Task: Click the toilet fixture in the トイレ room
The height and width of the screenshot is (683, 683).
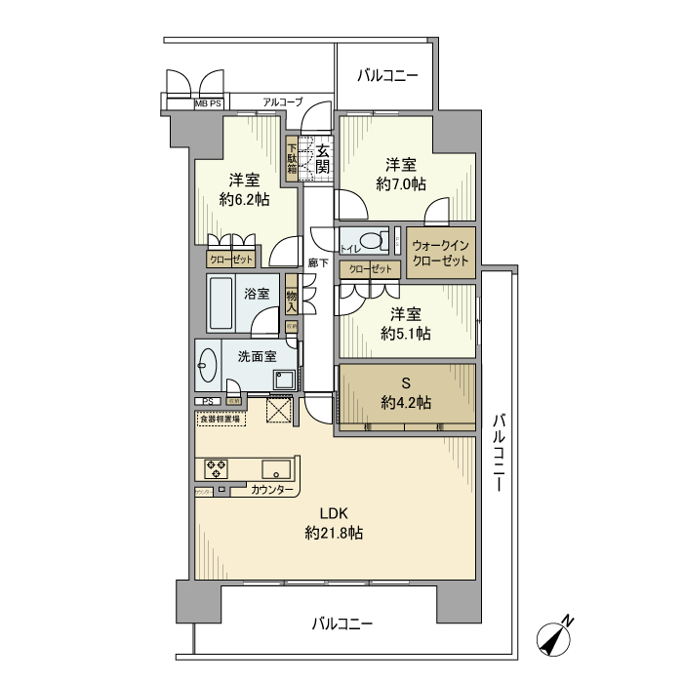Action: click(370, 241)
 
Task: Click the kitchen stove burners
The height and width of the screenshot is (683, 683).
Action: click(217, 469)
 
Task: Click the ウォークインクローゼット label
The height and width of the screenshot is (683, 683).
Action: click(440, 253)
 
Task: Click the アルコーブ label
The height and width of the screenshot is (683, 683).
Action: click(283, 101)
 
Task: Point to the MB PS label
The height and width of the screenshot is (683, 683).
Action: click(208, 102)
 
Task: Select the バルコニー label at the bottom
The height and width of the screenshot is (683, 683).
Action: click(342, 623)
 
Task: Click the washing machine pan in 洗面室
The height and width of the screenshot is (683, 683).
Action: click(284, 380)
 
